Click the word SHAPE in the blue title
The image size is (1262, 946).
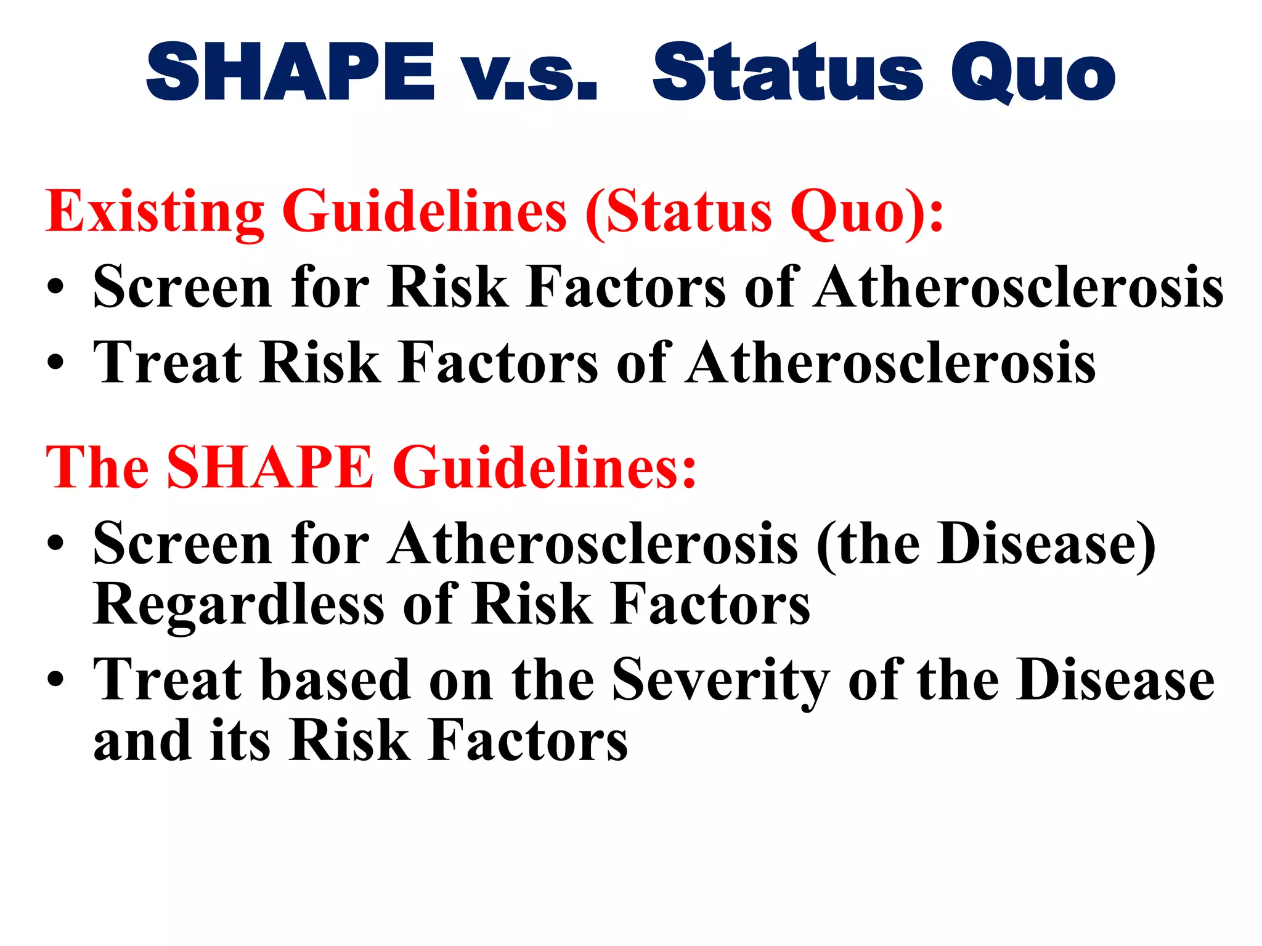[290, 73]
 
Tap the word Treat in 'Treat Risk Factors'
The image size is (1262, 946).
[167, 363]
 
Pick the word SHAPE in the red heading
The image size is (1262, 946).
[270, 468]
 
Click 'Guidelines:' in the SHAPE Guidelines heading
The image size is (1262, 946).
[544, 468]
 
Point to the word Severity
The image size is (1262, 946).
[720, 681]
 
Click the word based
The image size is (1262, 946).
[335, 681]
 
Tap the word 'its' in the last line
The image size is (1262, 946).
[240, 742]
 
